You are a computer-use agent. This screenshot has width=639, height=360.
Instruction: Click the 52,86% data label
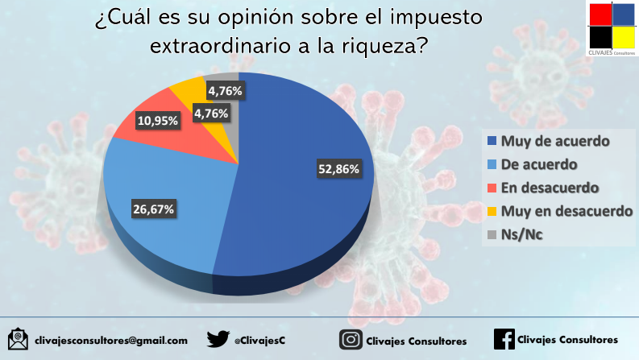338,169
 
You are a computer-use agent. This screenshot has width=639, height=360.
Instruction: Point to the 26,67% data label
153,209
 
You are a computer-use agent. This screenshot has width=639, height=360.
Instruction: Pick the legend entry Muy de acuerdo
554,142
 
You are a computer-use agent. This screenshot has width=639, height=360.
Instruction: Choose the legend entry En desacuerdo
551,188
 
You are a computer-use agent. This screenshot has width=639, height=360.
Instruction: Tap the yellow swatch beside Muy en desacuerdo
492,213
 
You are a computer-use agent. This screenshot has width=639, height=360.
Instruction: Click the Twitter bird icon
218,339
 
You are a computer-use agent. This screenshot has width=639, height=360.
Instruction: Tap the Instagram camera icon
350,339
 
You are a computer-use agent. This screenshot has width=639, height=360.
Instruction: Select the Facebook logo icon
503,339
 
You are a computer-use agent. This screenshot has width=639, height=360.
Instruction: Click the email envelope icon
18,339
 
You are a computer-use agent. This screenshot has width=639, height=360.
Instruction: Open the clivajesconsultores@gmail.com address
110,341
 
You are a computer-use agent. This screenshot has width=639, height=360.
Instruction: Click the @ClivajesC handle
259,341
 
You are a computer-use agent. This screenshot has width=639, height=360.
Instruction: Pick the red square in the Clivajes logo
600,14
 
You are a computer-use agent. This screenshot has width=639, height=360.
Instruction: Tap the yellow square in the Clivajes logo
624,38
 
